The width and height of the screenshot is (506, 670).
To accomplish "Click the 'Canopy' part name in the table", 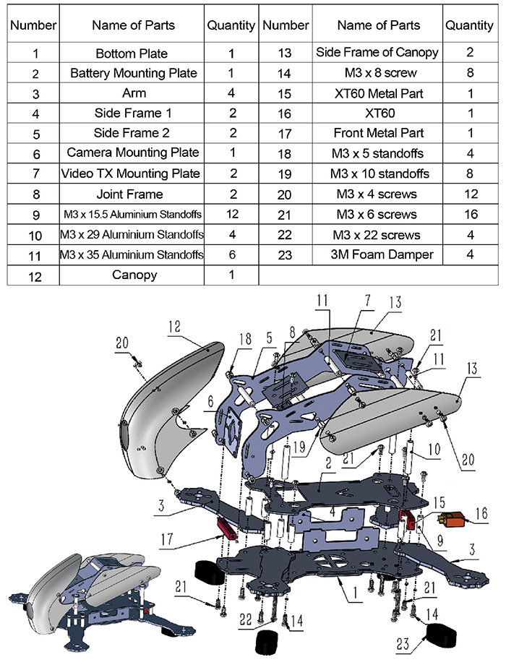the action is pyautogui.click(x=134, y=275).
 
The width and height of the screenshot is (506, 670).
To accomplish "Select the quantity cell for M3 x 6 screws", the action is pyautogui.click(x=471, y=215).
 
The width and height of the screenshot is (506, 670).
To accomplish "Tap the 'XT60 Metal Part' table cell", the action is pyautogui.click(x=378, y=93).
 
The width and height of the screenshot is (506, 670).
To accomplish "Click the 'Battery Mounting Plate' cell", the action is pyautogui.click(x=132, y=73).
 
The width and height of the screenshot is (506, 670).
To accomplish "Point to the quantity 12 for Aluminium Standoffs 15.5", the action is pyautogui.click(x=232, y=214).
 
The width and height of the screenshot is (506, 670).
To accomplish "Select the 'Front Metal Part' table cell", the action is pyautogui.click(x=378, y=133).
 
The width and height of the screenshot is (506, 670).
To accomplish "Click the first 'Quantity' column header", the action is pyautogui.click(x=231, y=25).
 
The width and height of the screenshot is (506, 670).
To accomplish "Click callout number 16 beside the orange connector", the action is pyautogui.click(x=481, y=513).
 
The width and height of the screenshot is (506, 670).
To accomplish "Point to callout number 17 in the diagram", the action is pyautogui.click(x=167, y=540).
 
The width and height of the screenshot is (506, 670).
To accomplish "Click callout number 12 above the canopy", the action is pyautogui.click(x=174, y=327).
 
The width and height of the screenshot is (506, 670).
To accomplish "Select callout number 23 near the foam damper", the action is pyautogui.click(x=403, y=644).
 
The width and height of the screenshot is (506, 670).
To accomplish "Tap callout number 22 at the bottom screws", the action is pyautogui.click(x=245, y=619).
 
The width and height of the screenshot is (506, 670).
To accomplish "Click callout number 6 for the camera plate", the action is pyautogui.click(x=210, y=402).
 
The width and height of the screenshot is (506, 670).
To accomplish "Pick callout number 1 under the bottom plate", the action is pyautogui.click(x=355, y=592).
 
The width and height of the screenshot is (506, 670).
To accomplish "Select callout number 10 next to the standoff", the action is pyautogui.click(x=434, y=450).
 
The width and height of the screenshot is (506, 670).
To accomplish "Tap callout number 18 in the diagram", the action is pyautogui.click(x=245, y=339).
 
